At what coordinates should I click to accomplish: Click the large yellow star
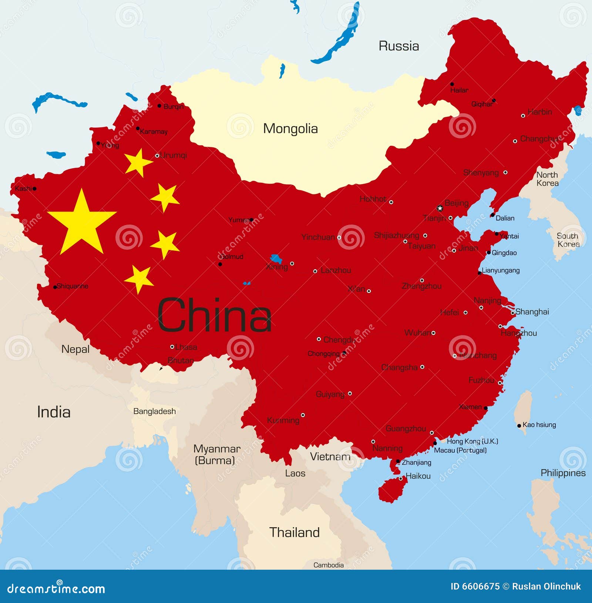(x=82, y=223)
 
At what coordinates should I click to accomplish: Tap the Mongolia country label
(x=290, y=129)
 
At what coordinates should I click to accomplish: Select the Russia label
(x=398, y=46)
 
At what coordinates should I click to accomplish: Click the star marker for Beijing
(x=440, y=208)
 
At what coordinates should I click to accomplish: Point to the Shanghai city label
(x=532, y=312)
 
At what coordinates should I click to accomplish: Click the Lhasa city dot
(x=172, y=347)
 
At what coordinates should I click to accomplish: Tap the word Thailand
(x=295, y=532)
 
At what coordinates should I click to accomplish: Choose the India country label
(x=54, y=412)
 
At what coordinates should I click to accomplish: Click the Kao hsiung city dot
(x=519, y=426)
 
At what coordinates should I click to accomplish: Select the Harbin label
(x=540, y=112)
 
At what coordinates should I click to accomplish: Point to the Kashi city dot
(x=34, y=189)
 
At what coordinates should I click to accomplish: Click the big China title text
(x=215, y=316)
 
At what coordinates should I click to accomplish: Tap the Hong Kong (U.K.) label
(x=472, y=441)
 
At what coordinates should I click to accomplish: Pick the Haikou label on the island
(x=418, y=476)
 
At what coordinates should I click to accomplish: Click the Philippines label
(x=563, y=473)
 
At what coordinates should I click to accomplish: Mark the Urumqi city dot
(x=157, y=156)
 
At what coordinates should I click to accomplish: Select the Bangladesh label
(x=154, y=411)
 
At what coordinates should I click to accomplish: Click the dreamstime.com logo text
(x=56, y=589)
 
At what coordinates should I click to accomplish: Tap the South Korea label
(x=568, y=240)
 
